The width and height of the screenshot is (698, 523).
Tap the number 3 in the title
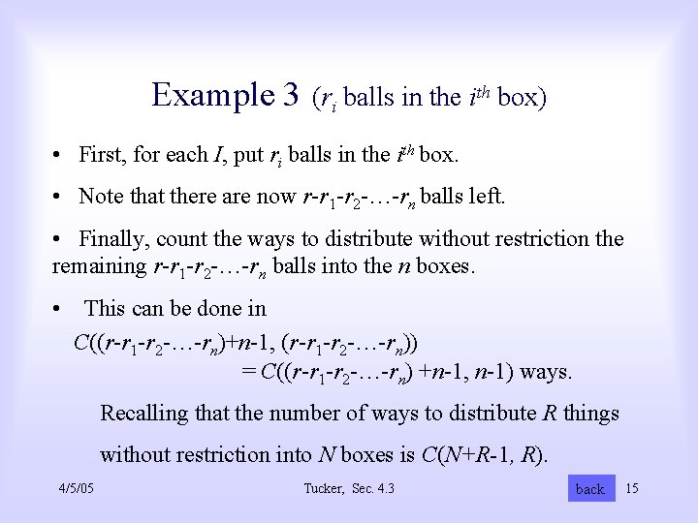tap(289, 95)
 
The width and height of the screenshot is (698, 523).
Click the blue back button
tap(589, 489)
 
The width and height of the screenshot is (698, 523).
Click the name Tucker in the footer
tap(323, 488)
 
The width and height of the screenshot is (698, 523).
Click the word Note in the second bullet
tap(100, 197)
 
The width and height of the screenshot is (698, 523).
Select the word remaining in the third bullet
tap(99, 265)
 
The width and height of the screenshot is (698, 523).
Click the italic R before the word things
tap(550, 414)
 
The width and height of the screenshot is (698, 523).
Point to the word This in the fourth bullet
tap(106, 309)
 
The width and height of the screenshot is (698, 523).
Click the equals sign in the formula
tap(249, 371)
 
